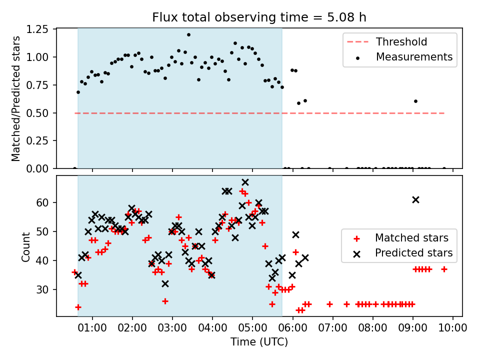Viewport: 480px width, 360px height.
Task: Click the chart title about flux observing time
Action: click(x=259, y=17)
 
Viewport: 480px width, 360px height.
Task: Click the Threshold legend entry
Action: click(x=387, y=41)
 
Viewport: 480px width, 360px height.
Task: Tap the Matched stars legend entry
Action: click(x=401, y=238)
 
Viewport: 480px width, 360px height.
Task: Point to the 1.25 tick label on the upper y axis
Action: click(x=37, y=29)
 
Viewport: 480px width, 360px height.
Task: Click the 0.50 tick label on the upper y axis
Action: click(x=37, y=113)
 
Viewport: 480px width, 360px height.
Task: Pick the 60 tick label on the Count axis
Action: click(x=42, y=202)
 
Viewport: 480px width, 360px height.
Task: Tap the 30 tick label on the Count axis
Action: click(x=42, y=289)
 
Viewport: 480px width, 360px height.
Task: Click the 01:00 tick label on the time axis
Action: click(x=92, y=328)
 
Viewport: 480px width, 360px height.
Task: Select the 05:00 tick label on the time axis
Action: click(x=252, y=328)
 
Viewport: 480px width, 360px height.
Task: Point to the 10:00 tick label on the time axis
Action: click(x=453, y=328)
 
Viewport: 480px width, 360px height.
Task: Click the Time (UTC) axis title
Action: click(x=259, y=342)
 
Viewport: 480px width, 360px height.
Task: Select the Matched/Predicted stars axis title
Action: click(x=16, y=98)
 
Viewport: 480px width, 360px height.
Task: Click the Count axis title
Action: click(x=26, y=247)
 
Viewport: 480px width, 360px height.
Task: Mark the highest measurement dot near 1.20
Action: click(x=188, y=35)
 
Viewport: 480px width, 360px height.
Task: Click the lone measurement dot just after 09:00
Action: click(x=415, y=101)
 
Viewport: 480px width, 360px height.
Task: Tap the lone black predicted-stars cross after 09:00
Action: click(x=415, y=200)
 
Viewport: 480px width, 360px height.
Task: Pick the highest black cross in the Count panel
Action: click(x=245, y=182)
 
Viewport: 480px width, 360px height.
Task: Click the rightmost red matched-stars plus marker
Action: click(x=444, y=269)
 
